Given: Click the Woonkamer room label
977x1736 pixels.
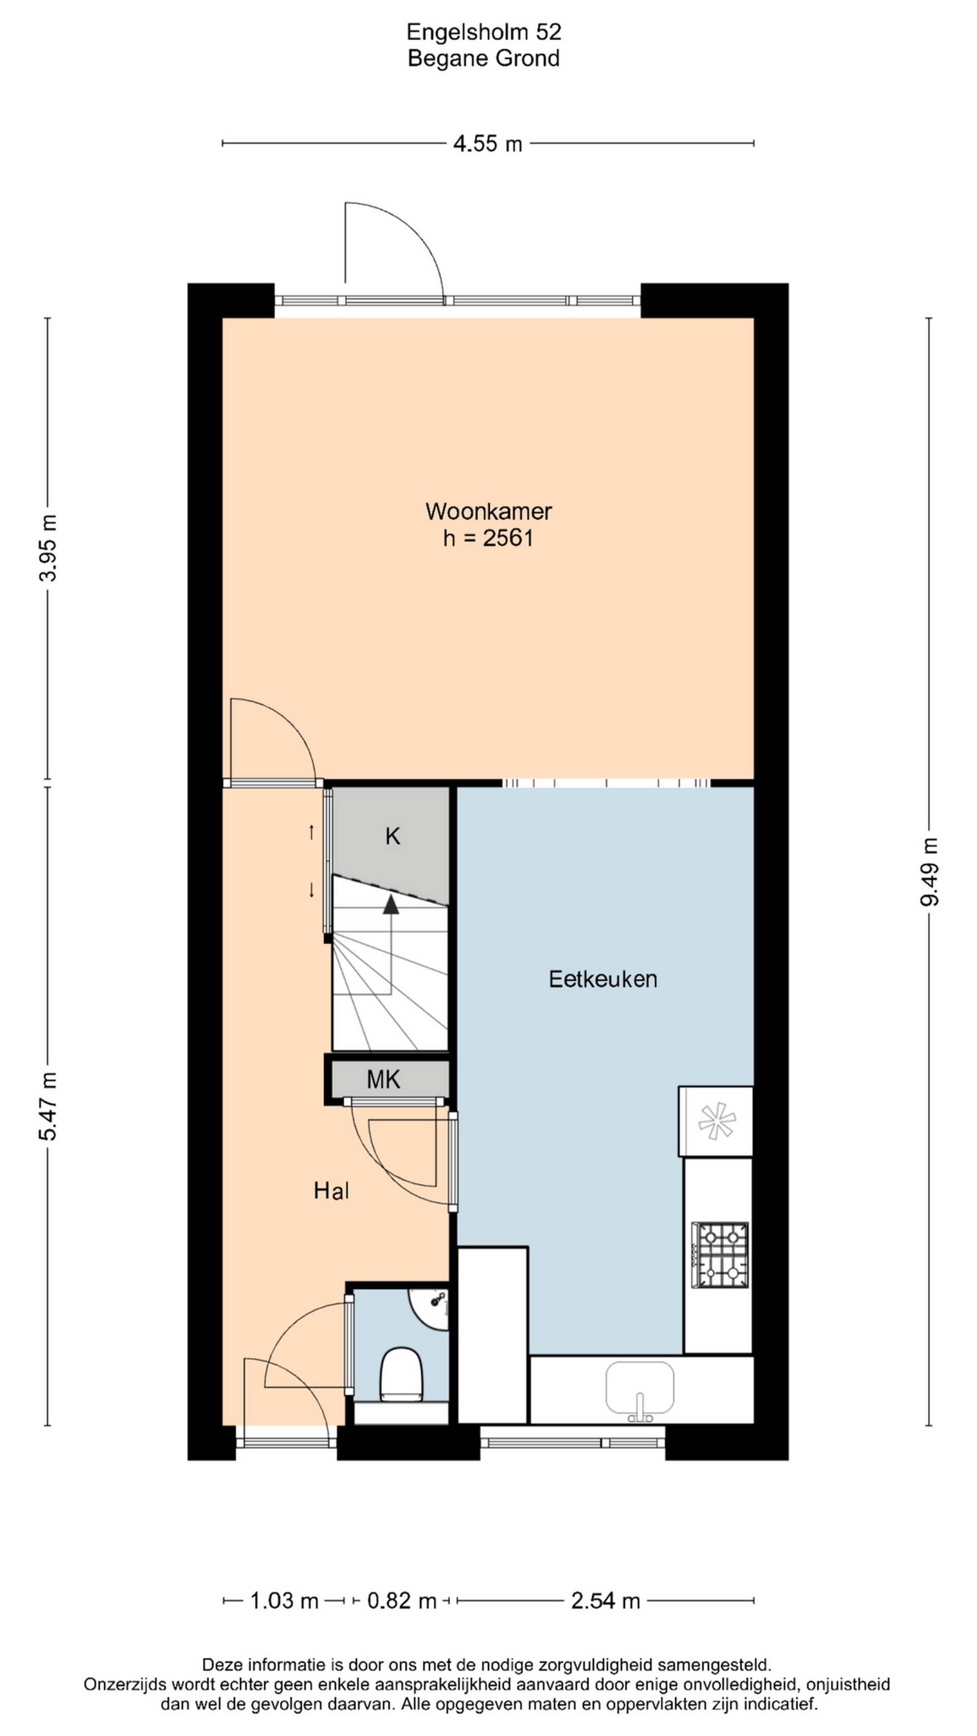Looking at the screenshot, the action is click(x=488, y=512).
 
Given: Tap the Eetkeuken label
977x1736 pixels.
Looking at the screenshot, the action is click(x=603, y=979).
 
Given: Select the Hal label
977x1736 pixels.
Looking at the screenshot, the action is click(x=331, y=1191).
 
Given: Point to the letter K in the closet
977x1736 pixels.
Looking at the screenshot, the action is click(x=392, y=836).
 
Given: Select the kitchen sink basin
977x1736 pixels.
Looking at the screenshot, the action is click(x=639, y=1388).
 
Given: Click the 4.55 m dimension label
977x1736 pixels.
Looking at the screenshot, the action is click(x=487, y=143).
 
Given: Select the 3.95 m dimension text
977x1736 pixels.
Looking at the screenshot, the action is click(x=47, y=548).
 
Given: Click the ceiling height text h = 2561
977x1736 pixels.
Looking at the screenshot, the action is click(x=488, y=539).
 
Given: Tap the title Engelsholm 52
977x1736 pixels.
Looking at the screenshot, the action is click(x=484, y=32).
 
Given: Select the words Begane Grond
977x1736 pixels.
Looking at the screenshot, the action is click(x=484, y=58).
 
